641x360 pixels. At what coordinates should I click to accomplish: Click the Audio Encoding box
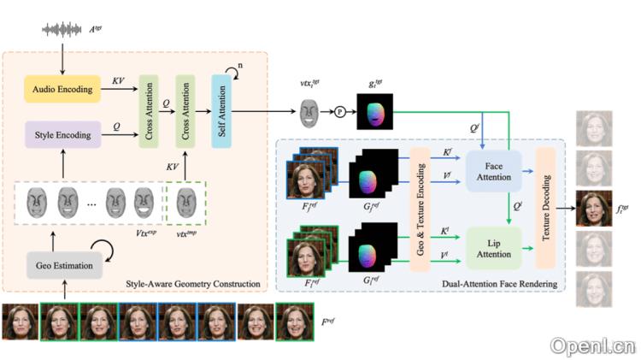click(61, 89)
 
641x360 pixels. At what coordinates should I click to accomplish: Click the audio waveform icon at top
click(65, 31)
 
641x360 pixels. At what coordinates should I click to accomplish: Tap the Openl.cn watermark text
click(592, 345)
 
